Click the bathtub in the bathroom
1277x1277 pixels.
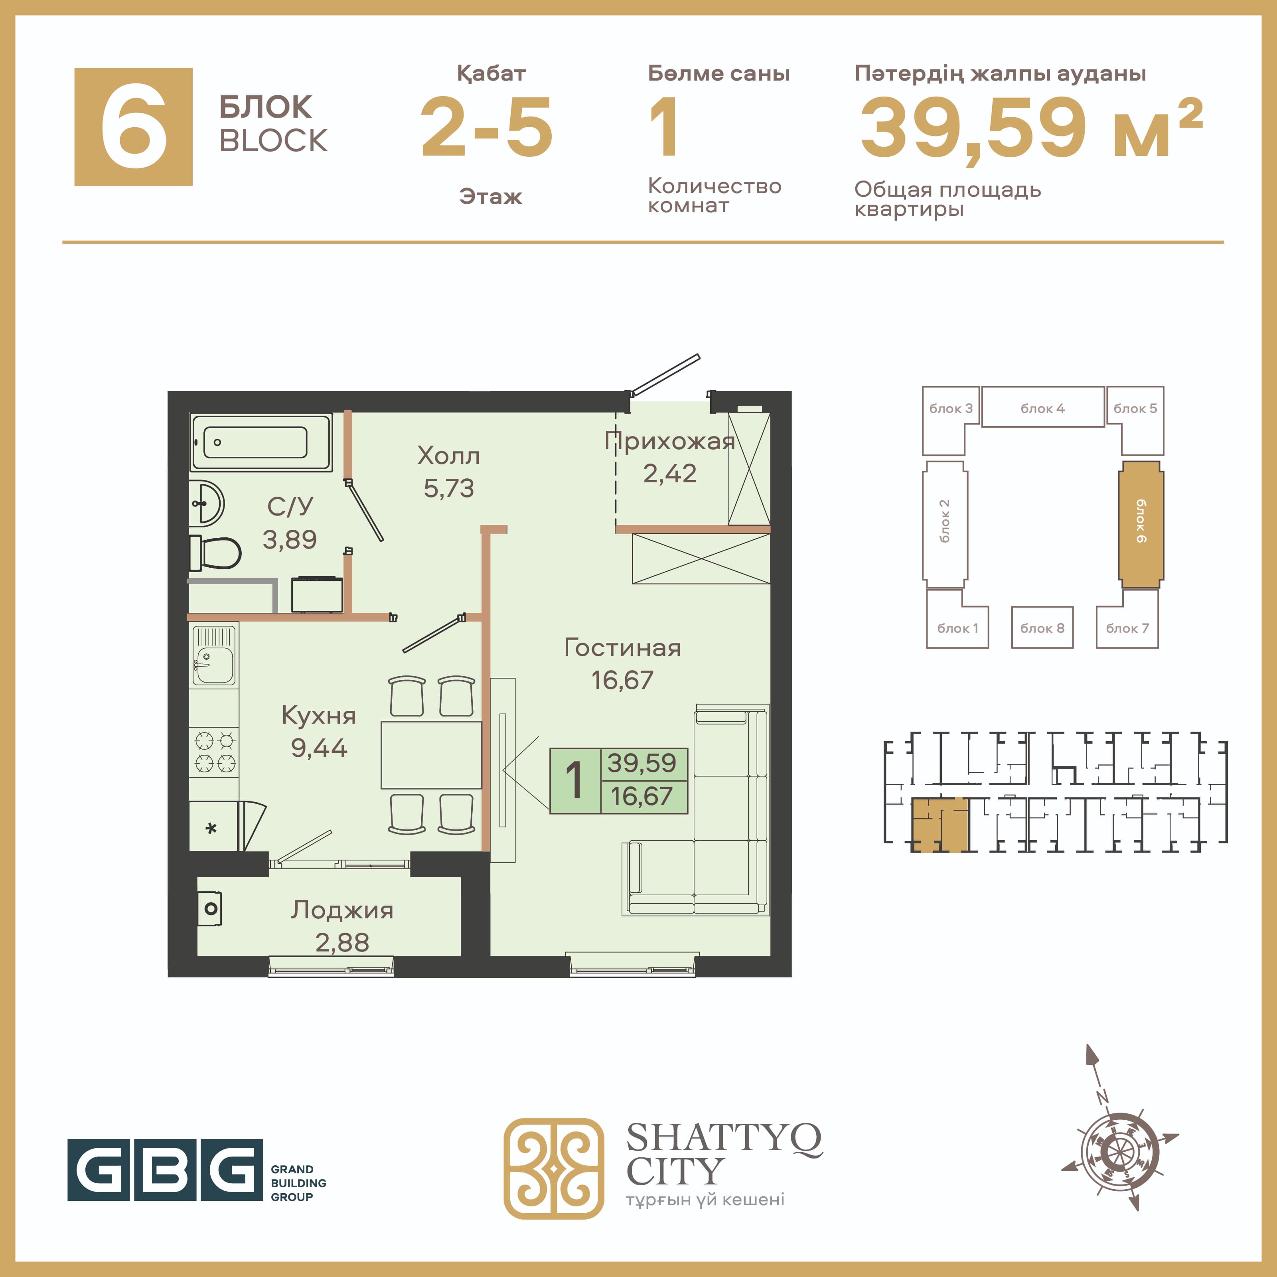(261, 442)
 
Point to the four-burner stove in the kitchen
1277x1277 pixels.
(215, 752)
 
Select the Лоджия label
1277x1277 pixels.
(342, 910)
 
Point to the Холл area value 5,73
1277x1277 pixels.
(449, 488)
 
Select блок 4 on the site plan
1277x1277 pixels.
(1042, 407)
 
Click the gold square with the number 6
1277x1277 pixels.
(134, 127)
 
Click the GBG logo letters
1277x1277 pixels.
(165, 1170)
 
